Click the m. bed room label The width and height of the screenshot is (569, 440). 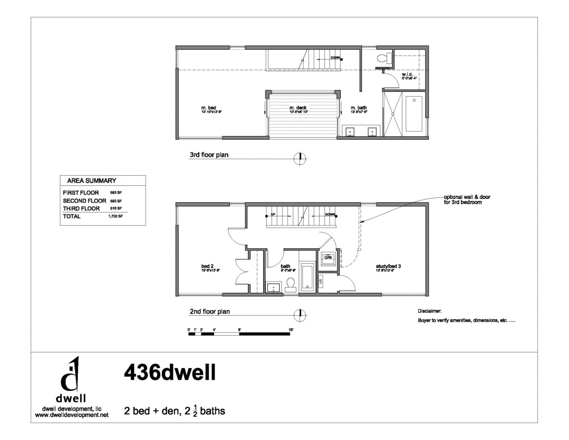click(x=209, y=108)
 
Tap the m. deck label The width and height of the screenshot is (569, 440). click(x=298, y=108)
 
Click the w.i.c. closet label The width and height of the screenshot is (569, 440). click(x=407, y=74)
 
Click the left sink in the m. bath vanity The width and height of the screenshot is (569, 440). click(x=350, y=132)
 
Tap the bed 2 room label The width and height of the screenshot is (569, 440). click(x=207, y=266)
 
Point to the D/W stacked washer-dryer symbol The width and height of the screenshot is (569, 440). click(x=328, y=257)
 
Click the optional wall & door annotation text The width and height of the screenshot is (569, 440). click(x=467, y=199)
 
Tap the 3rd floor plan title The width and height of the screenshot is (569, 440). click(x=209, y=155)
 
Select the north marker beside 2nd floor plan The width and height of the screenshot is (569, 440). click(x=300, y=315)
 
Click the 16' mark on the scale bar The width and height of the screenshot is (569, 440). click(x=291, y=330)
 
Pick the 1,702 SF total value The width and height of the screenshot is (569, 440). click(x=116, y=216)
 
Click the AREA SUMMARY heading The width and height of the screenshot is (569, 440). click(x=91, y=180)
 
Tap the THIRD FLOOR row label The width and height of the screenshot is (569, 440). click(x=81, y=209)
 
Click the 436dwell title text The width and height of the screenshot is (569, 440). click(x=170, y=373)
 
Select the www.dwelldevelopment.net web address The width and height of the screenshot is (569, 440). click(x=71, y=415)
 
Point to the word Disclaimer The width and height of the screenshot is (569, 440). click(x=429, y=311)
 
